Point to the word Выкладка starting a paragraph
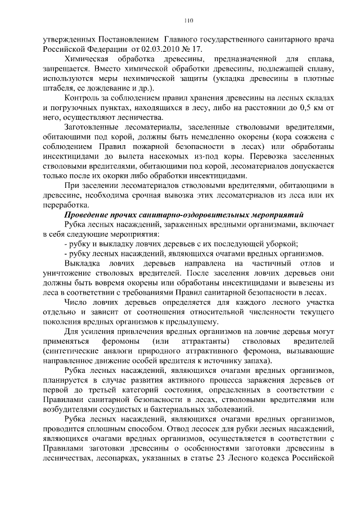pyautogui.click(x=82, y=263)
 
